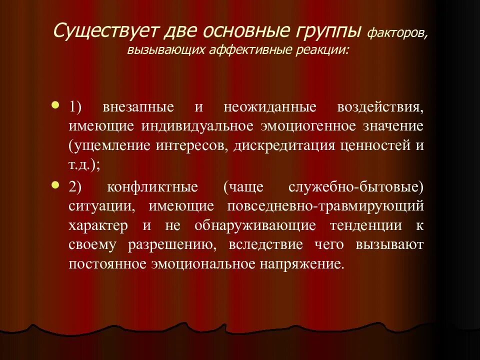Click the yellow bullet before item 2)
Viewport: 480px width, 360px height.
55,185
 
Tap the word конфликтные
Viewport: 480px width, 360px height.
153,187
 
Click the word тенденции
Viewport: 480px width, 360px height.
366,225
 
